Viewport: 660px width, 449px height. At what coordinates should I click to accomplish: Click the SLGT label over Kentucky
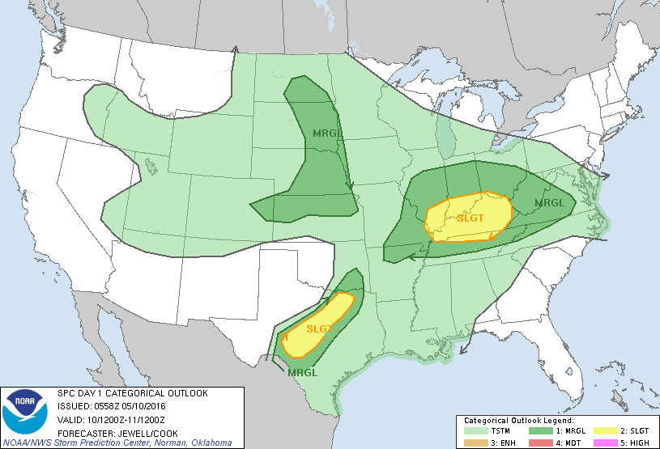coord(470,218)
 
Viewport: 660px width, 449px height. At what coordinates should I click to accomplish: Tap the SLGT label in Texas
coord(320,328)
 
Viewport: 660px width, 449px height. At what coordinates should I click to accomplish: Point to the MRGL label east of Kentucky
coord(548,202)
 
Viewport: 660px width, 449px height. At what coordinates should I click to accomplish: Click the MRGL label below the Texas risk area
coord(301,372)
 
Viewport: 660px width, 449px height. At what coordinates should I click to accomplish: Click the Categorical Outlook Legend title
coord(518,421)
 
